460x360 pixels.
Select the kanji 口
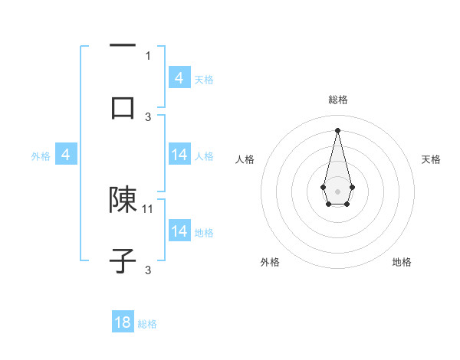point(123,107)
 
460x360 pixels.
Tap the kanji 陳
point(123,200)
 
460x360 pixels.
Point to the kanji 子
point(123,260)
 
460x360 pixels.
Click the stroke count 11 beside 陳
point(148,208)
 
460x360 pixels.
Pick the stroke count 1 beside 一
point(148,55)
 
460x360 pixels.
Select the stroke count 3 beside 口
point(148,116)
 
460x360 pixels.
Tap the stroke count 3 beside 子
point(148,270)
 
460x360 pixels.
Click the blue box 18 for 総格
point(123,322)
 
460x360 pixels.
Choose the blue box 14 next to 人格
point(179,155)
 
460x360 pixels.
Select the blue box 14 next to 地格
point(179,231)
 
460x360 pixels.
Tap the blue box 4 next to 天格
point(179,78)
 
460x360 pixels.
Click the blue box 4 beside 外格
point(66,155)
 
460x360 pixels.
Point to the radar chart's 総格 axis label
point(338,100)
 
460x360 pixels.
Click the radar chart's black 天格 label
point(432,159)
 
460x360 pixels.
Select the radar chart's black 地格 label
point(402,263)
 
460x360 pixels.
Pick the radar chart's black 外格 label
point(270,263)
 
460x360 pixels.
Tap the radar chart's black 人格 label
point(245,159)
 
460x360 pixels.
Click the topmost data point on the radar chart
point(337,129)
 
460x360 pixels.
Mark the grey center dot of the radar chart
point(337,191)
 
